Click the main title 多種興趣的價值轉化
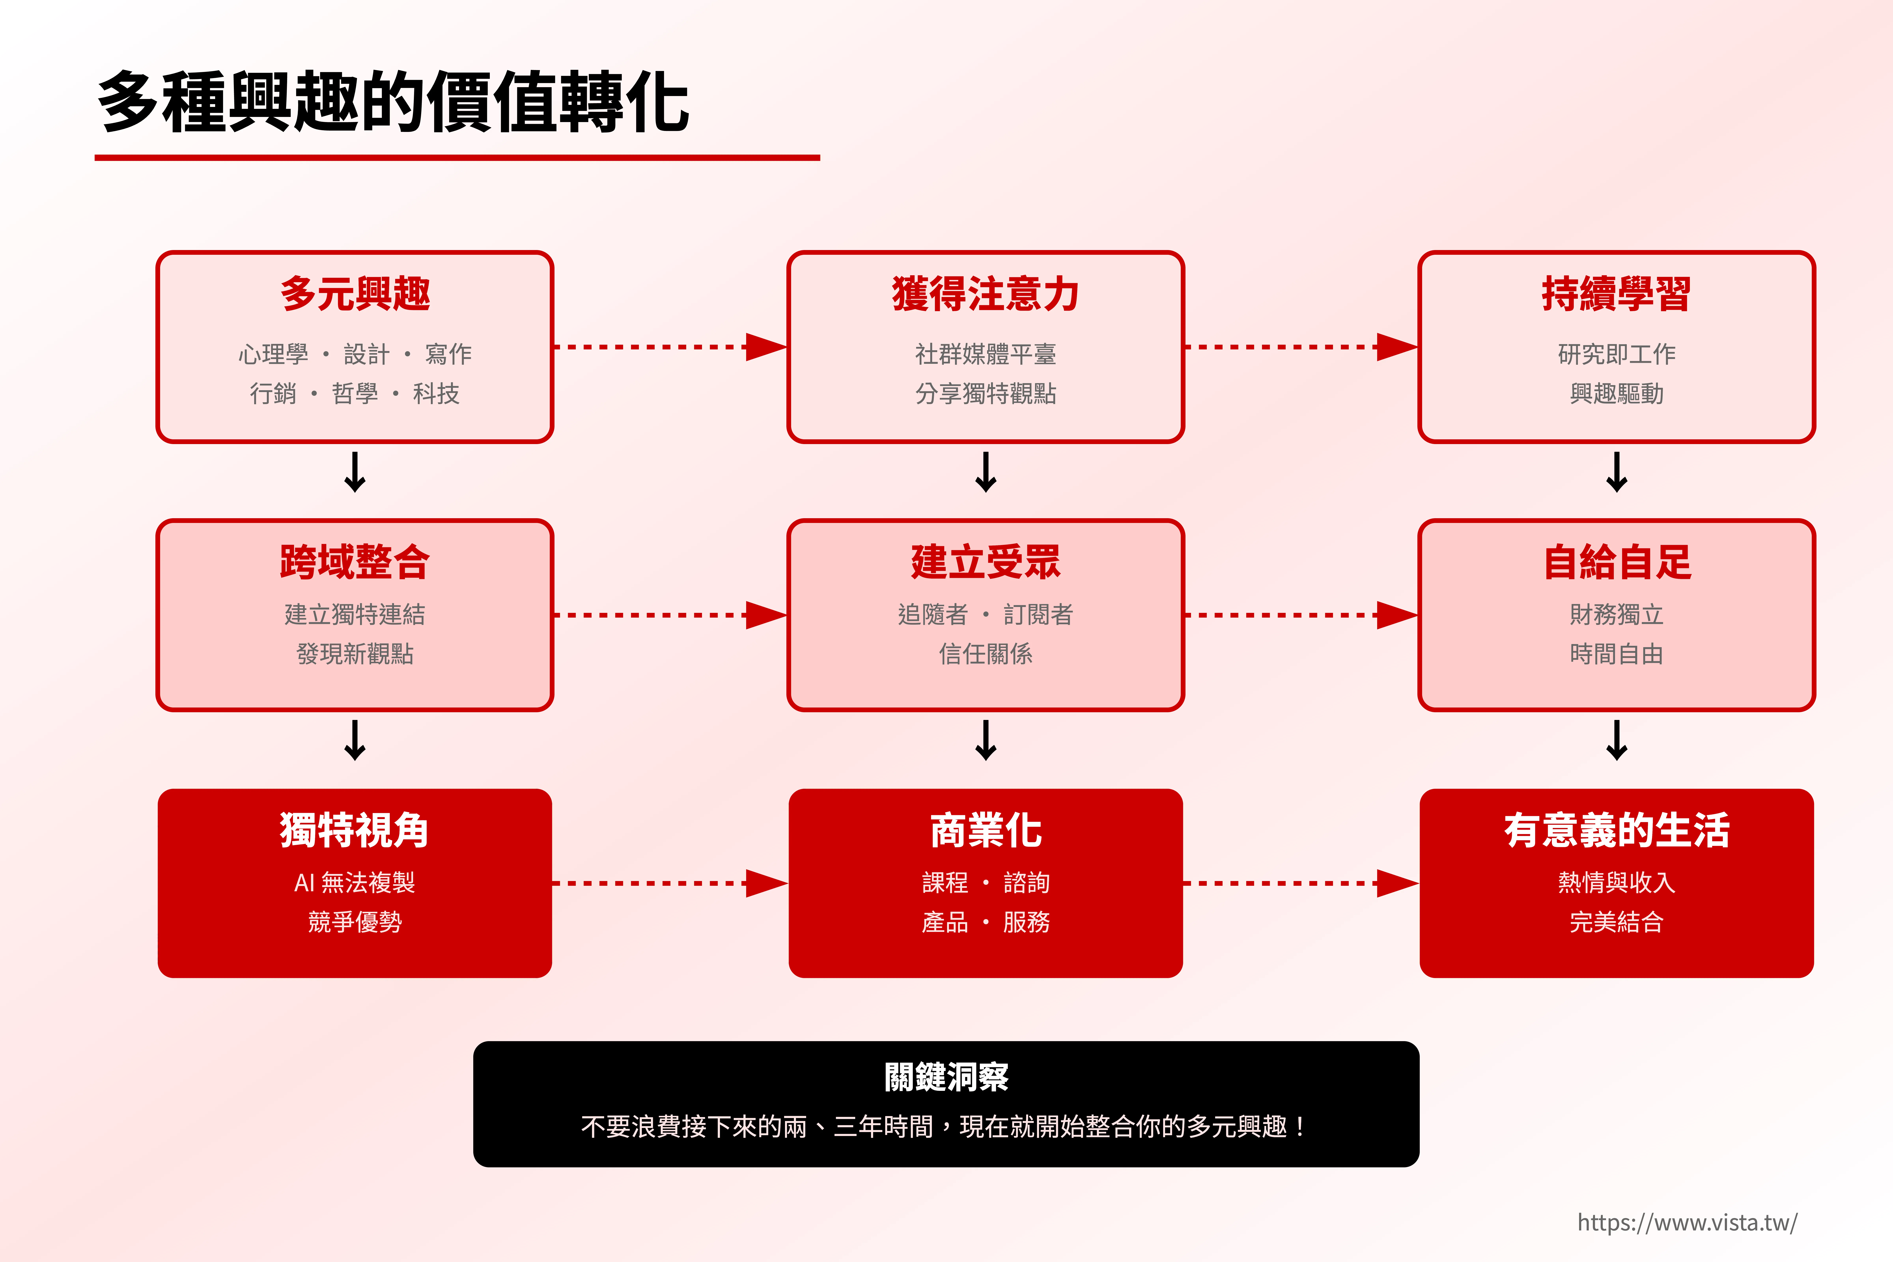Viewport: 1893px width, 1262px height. [393, 102]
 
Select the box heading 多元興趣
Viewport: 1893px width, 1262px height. [355, 294]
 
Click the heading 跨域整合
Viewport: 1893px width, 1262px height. [355, 562]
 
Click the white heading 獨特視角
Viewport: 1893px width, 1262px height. [355, 830]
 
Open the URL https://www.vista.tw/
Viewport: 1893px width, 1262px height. [1687, 1223]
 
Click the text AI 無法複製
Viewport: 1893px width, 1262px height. [355, 883]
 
